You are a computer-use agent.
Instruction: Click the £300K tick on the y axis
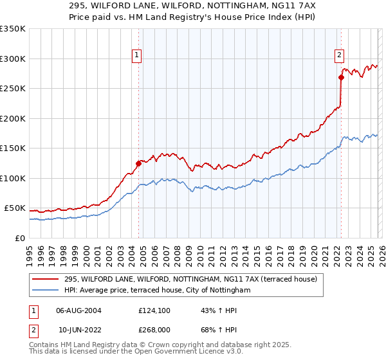pos(13,59)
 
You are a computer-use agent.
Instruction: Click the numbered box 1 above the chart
pos(138,56)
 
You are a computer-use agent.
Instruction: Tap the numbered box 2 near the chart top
pos(339,56)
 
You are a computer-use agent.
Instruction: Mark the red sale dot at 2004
pos(138,163)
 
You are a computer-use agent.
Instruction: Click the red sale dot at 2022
pos(341,78)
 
